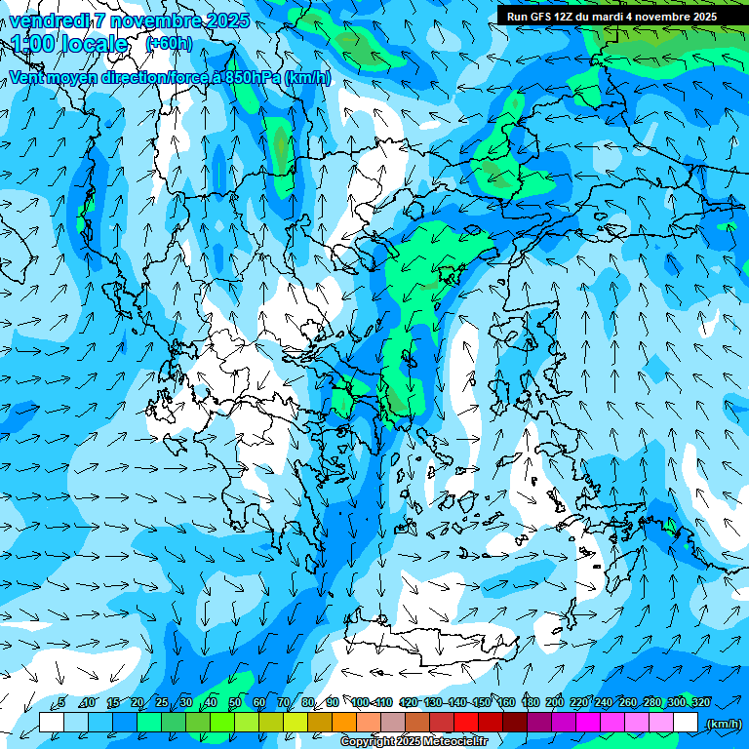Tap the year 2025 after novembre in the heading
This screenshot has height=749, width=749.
tap(226, 20)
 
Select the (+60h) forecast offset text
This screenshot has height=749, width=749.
tap(169, 44)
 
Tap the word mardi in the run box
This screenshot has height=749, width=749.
tap(604, 17)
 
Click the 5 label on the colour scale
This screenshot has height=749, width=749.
tap(60, 702)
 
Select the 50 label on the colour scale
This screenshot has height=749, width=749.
tap(235, 702)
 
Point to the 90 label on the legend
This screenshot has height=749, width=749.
tap(333, 702)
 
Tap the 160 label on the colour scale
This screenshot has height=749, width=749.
tap(505, 702)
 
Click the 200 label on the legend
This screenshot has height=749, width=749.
tap(554, 702)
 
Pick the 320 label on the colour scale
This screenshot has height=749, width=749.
tap(700, 702)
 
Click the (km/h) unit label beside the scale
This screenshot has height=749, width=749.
tap(723, 724)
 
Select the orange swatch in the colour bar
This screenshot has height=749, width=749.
tap(344, 723)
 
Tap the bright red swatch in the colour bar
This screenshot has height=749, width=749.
tap(466, 723)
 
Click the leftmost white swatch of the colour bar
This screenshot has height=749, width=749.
tap(52, 723)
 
